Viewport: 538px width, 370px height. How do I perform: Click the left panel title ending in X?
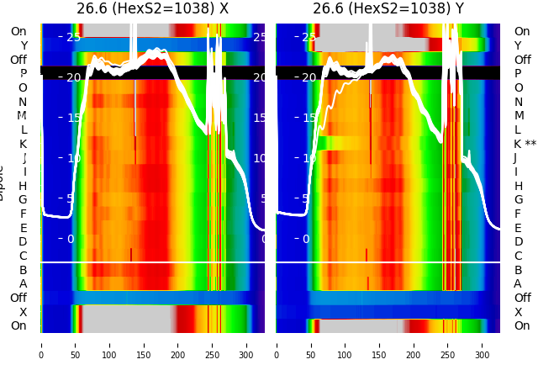[152, 9]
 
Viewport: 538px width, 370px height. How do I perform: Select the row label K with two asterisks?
[525, 144]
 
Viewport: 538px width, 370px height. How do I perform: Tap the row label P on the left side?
[23, 74]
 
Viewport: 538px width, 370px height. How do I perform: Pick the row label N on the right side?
[518, 102]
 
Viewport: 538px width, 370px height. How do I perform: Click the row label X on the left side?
[23, 312]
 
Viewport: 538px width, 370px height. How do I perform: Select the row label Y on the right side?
[518, 45]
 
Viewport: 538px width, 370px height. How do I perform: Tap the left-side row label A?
[23, 284]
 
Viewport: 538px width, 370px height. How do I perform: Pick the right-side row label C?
[518, 256]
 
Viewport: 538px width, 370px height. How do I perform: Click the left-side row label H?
[23, 186]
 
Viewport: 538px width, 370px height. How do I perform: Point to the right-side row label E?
[518, 228]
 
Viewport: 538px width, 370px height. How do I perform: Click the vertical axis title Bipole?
[3, 182]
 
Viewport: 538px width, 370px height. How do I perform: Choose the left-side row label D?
[23, 242]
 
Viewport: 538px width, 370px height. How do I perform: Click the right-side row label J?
[515, 158]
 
